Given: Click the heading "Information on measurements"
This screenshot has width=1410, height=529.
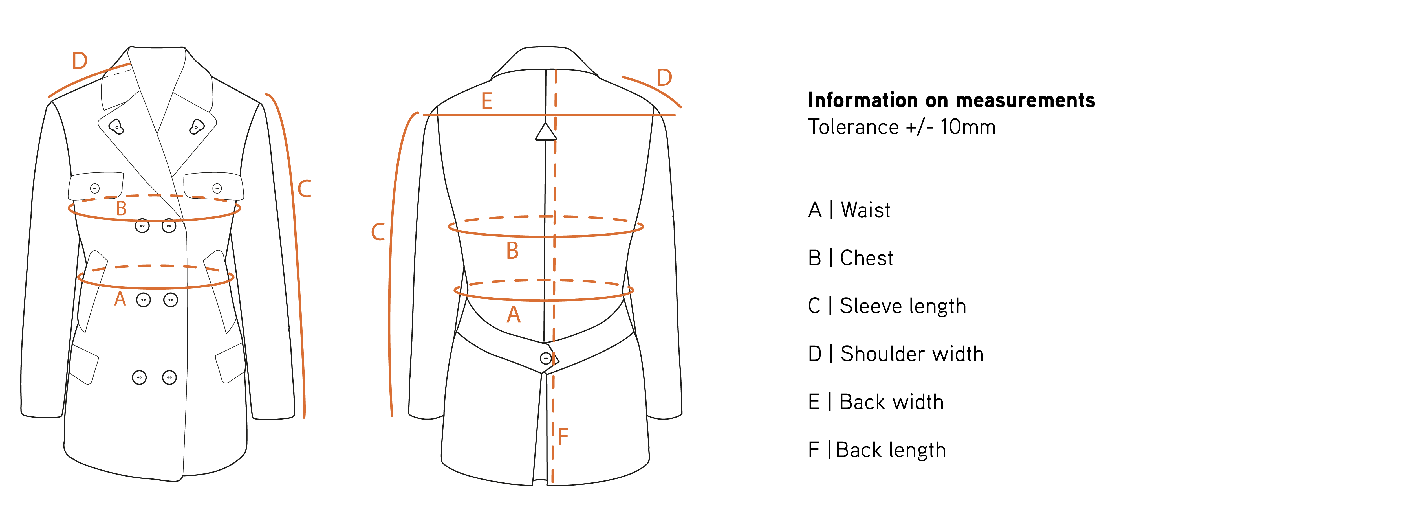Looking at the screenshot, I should coord(951,100).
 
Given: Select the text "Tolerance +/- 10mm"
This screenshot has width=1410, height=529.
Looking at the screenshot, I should coord(902,127).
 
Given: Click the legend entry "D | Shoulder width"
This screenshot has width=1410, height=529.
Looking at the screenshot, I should coord(895,354).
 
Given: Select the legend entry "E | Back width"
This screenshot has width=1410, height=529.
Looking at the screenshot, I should coord(876,402).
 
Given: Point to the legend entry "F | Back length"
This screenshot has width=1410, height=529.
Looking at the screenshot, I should coord(877,450).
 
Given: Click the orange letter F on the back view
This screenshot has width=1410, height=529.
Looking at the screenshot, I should coord(563,436).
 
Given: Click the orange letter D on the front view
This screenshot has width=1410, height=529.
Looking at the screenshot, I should coord(80,61).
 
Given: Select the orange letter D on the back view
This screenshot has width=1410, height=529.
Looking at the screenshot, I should coord(664,78).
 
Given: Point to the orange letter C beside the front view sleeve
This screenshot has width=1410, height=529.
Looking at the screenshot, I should coord(304,189).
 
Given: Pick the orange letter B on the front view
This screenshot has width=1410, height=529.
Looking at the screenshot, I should coord(122,209).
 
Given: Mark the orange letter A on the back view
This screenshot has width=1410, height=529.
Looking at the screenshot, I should coord(514,315).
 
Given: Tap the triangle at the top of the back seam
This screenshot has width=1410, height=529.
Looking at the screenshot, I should coord(546,132).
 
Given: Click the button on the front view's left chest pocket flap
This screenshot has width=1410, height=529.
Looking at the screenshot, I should coord(95,188).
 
